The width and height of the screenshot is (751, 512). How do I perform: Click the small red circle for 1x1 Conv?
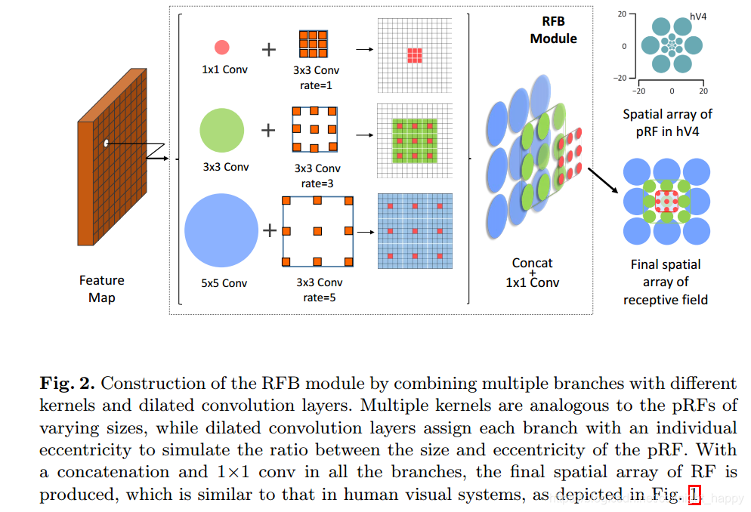pyautogui.click(x=221, y=48)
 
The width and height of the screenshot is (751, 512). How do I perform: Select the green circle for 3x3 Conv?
pyautogui.click(x=221, y=130)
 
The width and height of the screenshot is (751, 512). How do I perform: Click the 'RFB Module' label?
pyautogui.click(x=553, y=30)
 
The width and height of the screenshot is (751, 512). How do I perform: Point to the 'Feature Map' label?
pyautogui.click(x=101, y=288)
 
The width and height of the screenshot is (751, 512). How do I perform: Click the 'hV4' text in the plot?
pyautogui.click(x=698, y=15)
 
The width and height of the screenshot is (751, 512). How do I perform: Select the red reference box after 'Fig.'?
pyautogui.click(x=694, y=495)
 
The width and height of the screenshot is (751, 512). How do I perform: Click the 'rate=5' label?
pyautogui.click(x=317, y=297)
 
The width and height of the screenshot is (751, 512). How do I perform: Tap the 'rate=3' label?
pyautogui.click(x=317, y=183)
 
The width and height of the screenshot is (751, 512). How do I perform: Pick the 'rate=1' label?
pyautogui.click(x=317, y=85)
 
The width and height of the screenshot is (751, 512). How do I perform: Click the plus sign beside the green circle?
pyautogui.click(x=268, y=131)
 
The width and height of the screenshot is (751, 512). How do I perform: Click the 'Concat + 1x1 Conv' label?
pyautogui.click(x=533, y=273)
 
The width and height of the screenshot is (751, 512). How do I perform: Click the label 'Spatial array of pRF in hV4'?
pyautogui.click(x=667, y=122)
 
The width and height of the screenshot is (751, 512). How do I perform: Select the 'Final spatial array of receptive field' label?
pyautogui.click(x=666, y=282)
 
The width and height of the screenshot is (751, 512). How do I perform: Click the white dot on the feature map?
pyautogui.click(x=107, y=143)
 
